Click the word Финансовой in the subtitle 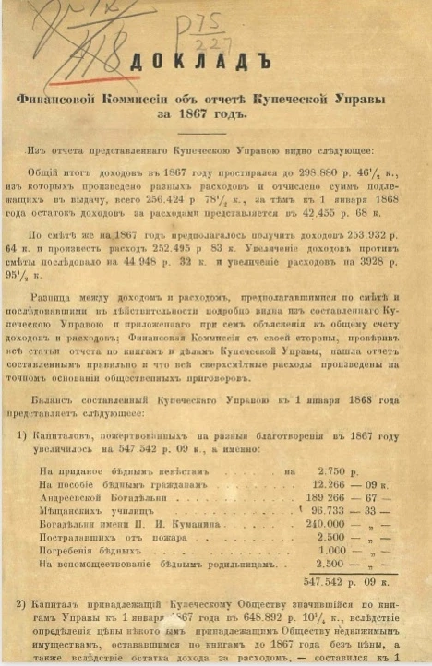[x=69, y=99]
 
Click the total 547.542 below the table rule [x=330, y=583]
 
